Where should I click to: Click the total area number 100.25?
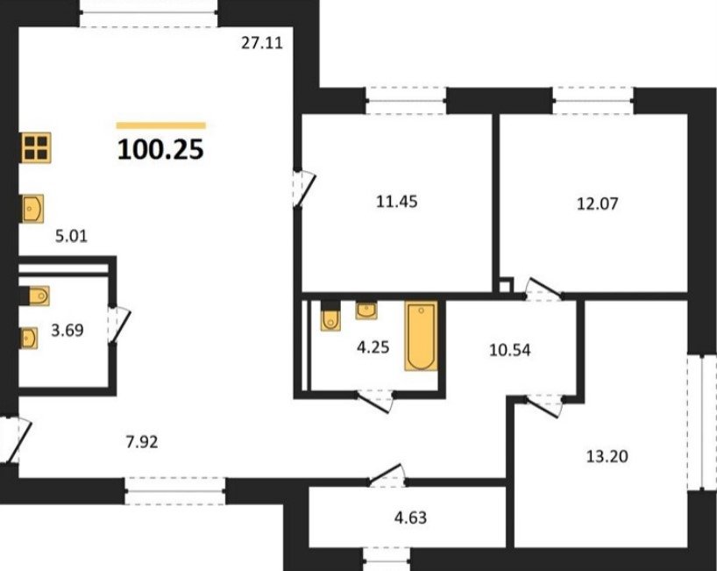coord(160,150)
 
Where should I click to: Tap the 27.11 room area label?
coord(262,43)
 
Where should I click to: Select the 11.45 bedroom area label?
coord(396,202)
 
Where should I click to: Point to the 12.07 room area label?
coord(597,203)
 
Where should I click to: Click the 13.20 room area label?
coord(607,456)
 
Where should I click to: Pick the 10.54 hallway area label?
coord(510,350)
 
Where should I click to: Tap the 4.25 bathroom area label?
coord(373,347)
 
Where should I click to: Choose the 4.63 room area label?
coord(410,517)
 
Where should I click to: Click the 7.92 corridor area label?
coord(142,442)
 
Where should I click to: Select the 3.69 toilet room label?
coord(67,330)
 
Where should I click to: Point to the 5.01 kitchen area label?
coord(71,236)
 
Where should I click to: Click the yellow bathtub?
coord(421,335)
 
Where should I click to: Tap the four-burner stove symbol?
coord(36,147)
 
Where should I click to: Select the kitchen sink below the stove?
coord(32,209)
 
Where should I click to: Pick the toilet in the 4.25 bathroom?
coord(330,316)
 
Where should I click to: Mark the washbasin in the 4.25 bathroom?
coord(366,310)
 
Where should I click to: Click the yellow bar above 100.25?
coord(161,125)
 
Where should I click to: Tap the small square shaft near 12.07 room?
coord(504,286)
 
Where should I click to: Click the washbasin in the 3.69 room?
coord(29,339)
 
